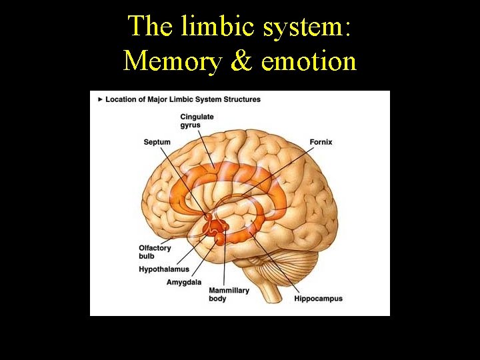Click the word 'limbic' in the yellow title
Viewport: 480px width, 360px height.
(x=204, y=26)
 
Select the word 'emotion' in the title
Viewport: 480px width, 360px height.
(x=309, y=61)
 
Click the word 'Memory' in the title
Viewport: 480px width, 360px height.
(x=172, y=61)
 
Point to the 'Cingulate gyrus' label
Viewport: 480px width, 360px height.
(x=197, y=121)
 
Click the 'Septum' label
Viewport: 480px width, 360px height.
(x=157, y=142)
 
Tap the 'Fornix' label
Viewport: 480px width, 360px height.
(x=321, y=142)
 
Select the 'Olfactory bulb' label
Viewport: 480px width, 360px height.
(x=155, y=251)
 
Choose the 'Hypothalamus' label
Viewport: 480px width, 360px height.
(x=164, y=269)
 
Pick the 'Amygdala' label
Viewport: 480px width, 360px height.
(x=183, y=282)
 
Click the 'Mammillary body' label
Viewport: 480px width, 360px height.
(x=229, y=295)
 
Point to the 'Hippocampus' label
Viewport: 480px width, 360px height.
(x=318, y=299)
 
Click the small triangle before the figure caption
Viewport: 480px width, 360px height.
(x=100, y=99)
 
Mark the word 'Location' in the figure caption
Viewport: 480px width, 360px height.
(x=122, y=99)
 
